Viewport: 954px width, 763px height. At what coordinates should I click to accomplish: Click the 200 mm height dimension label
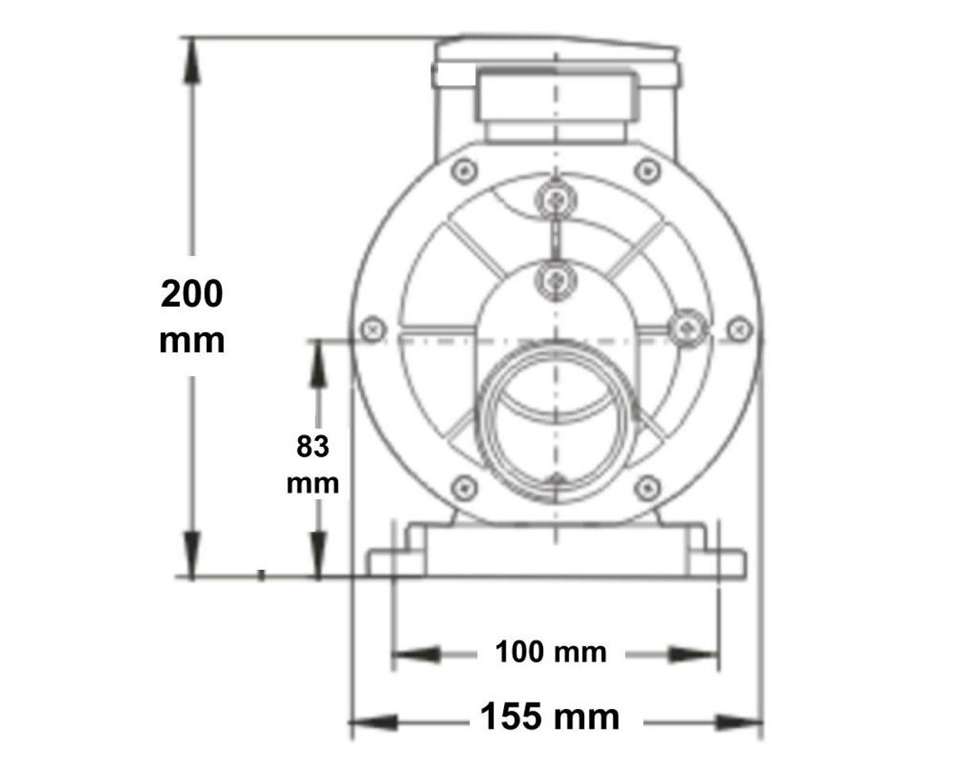click(192, 316)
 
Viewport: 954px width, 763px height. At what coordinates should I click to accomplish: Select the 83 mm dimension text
click(312, 464)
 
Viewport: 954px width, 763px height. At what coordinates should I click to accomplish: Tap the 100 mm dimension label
click(551, 653)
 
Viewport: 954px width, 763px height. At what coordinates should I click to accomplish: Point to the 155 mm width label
click(550, 718)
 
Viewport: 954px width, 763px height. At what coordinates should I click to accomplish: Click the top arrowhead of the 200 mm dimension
click(192, 59)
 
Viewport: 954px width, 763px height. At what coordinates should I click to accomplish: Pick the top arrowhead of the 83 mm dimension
click(318, 362)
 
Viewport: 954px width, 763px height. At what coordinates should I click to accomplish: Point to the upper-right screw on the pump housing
click(648, 170)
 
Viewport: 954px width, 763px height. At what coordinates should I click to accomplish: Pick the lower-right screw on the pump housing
click(648, 487)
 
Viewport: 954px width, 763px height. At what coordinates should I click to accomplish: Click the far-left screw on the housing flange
click(372, 328)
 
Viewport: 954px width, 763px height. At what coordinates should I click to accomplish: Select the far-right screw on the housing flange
click(739, 327)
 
